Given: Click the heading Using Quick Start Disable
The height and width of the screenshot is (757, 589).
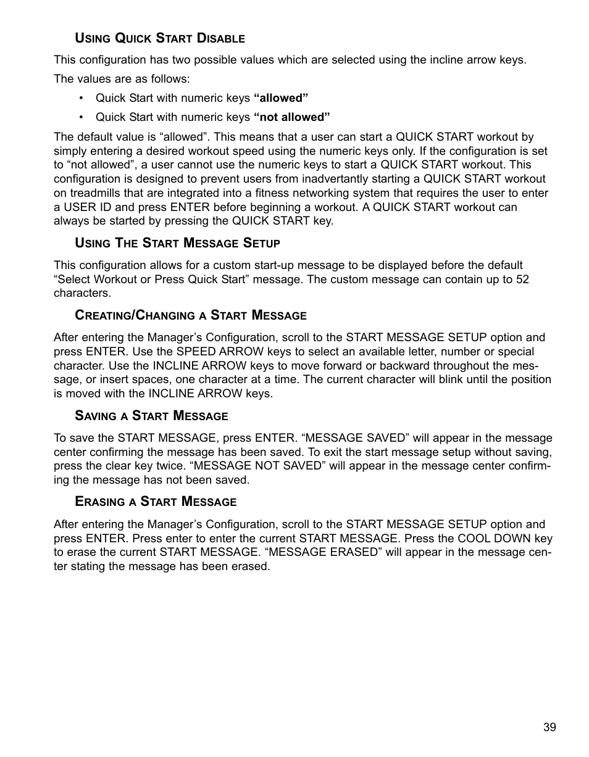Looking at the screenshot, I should [160, 38].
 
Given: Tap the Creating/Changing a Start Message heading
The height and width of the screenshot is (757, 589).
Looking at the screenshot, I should [190, 315].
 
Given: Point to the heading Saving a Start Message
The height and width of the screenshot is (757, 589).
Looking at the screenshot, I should [151, 416].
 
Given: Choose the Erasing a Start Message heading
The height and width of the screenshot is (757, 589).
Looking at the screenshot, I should [156, 502].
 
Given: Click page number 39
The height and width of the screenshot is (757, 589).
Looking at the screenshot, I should [549, 727].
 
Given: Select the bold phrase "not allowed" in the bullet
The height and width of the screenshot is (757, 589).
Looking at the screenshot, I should [292, 117].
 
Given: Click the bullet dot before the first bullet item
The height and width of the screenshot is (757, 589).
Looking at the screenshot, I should [81, 99].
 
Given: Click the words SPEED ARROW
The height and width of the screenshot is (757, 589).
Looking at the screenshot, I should [209, 352].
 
